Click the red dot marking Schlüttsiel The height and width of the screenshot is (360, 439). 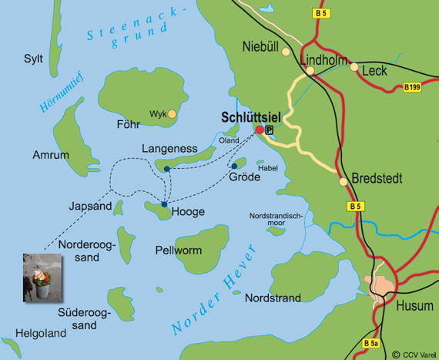click(260, 130)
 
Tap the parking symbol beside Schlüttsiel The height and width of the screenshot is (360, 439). click(270, 130)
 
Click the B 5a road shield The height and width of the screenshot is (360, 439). click(371, 344)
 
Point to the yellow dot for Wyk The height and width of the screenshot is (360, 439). click(173, 114)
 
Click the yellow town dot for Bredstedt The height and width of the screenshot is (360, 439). click(342, 182)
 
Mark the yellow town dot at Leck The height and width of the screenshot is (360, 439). click(354, 68)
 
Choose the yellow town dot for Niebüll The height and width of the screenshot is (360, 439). click(286, 52)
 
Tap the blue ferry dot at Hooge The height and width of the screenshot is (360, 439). click(164, 204)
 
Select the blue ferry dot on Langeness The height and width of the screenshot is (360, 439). click(167, 169)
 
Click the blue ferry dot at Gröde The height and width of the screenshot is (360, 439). click(234, 166)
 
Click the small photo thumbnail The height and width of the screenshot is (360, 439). click(42, 277)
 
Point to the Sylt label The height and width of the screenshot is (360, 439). click(33, 59)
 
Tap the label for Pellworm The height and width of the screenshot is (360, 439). click(178, 251)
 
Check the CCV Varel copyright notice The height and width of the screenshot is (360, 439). click(414, 354)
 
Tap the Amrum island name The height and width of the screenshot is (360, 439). click(51, 155)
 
